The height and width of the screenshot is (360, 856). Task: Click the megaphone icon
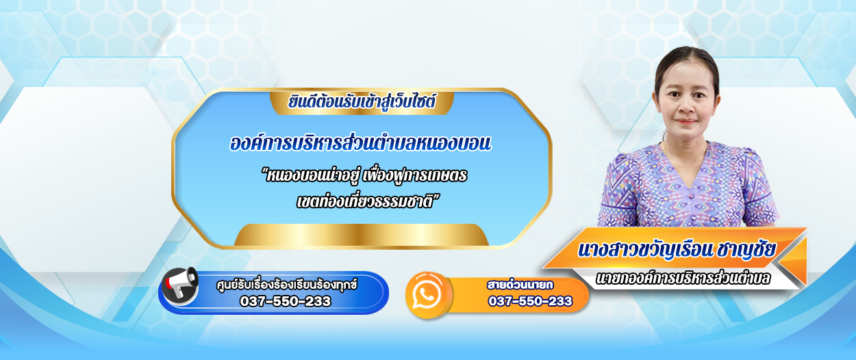[179, 285]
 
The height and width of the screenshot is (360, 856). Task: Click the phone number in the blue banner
[285, 301]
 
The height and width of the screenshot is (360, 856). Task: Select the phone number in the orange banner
[530, 301]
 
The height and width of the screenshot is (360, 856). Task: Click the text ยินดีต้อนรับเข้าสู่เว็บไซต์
[362, 102]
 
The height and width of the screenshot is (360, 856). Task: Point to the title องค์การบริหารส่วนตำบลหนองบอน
[360, 143]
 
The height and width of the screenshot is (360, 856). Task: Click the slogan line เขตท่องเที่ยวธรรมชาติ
[368, 201]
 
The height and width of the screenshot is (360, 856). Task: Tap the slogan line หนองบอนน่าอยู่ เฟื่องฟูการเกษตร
[364, 175]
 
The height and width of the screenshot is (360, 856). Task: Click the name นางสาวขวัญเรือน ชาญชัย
[677, 250]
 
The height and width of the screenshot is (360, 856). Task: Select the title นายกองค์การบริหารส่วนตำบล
[683, 278]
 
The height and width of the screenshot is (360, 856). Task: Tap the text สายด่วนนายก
[520, 285]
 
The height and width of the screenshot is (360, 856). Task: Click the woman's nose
[686, 107]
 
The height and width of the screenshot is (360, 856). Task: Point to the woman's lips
[686, 122]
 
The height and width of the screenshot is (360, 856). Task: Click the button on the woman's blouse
[690, 196]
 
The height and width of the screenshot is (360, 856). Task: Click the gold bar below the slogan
[362, 234]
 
